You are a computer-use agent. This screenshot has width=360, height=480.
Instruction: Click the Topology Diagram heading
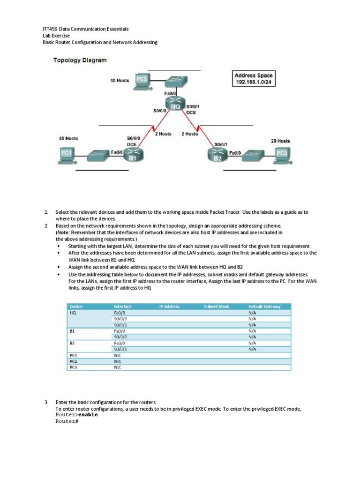(x=80, y=60)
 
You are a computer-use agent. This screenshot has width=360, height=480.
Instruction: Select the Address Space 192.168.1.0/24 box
(x=253, y=79)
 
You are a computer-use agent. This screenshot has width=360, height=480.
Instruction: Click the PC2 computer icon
(x=141, y=81)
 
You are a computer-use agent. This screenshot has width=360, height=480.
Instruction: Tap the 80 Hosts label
(x=68, y=138)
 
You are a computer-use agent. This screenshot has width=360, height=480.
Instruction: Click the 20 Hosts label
(x=280, y=141)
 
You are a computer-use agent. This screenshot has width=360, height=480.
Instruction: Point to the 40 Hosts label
(x=120, y=80)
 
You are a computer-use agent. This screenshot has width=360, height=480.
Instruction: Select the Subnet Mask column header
(x=217, y=307)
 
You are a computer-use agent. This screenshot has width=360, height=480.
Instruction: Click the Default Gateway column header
(x=264, y=307)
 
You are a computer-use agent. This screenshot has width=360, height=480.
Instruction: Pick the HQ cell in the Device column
(x=73, y=313)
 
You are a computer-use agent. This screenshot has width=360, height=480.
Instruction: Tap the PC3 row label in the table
(x=73, y=367)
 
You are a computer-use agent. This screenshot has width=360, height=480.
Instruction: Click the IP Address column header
(x=169, y=307)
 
